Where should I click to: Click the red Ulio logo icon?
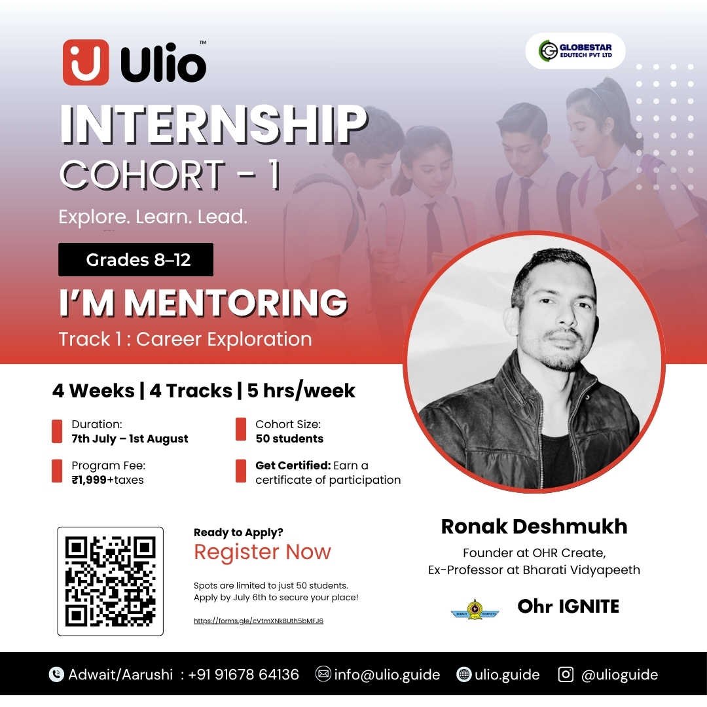coord(86,62)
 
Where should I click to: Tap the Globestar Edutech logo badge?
coord(575,51)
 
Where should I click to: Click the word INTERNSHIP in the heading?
coord(213,124)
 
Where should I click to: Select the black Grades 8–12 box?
coord(136,259)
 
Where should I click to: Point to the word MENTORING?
coord(236,302)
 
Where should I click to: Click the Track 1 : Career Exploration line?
coord(185,339)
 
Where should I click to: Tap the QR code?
coord(111,581)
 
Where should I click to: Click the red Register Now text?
coord(263,552)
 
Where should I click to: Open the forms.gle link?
coord(259,621)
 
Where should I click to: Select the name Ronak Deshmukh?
coord(534,526)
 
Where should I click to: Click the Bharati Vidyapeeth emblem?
coord(475,609)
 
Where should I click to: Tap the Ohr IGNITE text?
coord(568,606)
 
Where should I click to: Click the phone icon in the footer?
coord(56,674)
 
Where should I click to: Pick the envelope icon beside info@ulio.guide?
coord(323,674)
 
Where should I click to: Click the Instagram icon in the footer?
coord(566,674)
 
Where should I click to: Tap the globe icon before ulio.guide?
coord(464,674)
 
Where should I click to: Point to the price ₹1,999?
coord(89,480)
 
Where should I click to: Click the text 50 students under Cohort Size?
coord(289,439)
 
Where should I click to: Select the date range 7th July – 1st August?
coord(130,439)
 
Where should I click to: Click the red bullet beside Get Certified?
coord(241,471)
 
